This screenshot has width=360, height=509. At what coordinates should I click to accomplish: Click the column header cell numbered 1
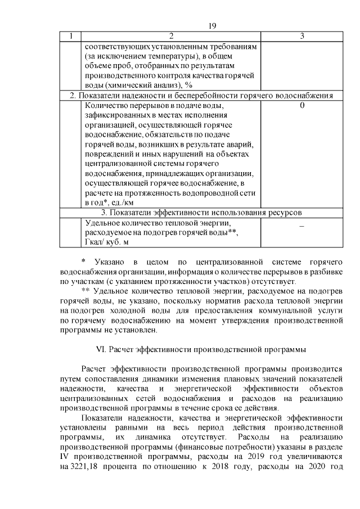tap(71, 36)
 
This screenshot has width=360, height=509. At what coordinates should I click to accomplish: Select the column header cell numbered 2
tap(171, 36)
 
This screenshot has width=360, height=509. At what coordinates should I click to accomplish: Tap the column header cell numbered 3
tap(302, 36)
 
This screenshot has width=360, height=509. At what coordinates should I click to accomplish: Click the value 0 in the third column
tap(303, 105)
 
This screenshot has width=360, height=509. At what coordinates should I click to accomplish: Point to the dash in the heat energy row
tap(302, 226)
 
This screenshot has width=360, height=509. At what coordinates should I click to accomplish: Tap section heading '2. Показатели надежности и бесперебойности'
tap(169, 95)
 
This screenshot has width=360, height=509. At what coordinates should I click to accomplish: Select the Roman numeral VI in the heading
tap(102, 349)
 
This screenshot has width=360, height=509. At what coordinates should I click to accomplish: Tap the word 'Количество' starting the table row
tap(105, 105)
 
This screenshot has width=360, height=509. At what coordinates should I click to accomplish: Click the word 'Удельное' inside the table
tap(101, 222)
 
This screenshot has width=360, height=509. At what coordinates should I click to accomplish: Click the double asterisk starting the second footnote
tap(85, 291)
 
